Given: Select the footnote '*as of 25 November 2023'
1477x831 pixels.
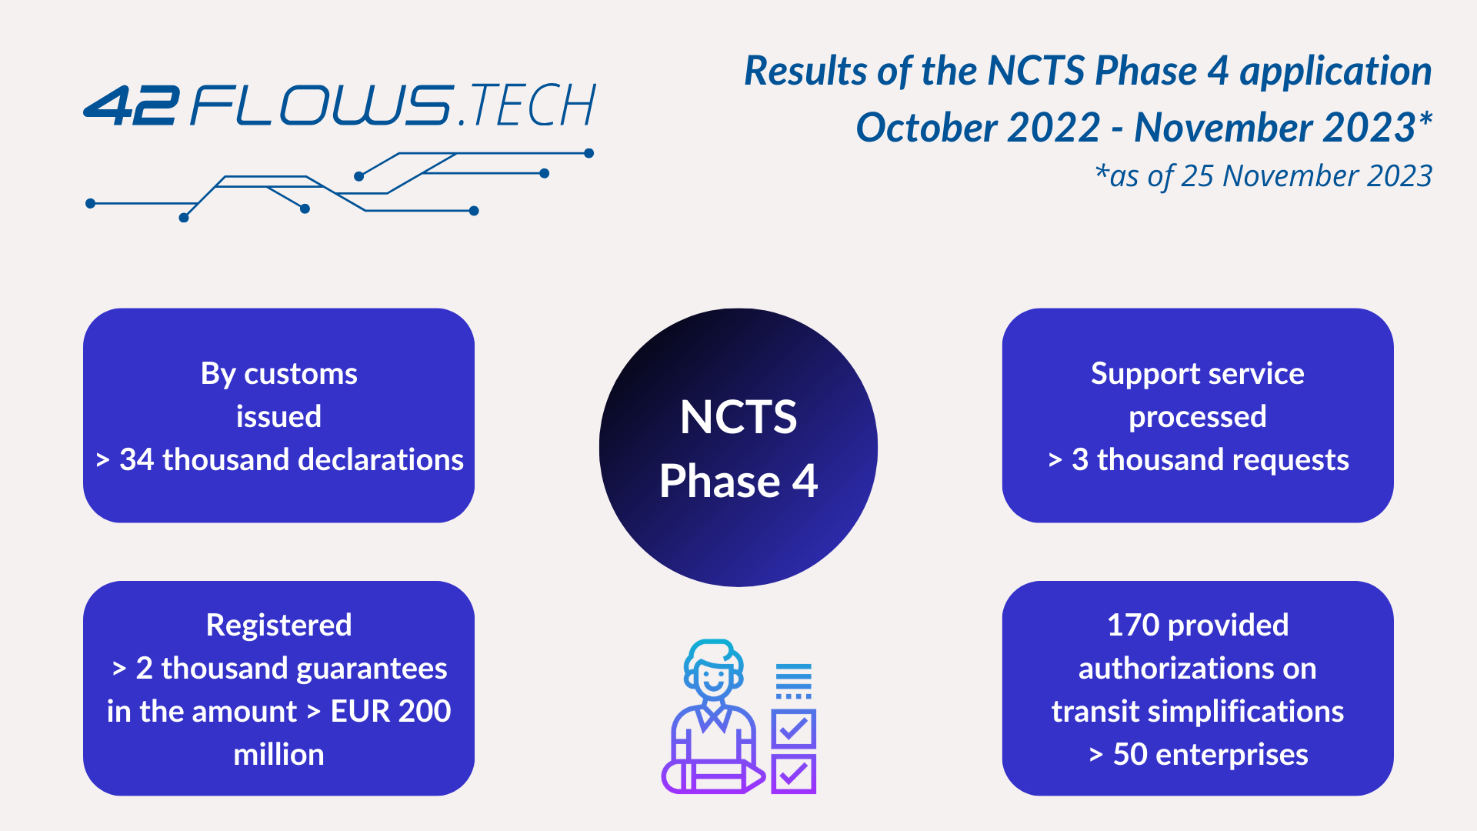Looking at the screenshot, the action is [x=1263, y=176].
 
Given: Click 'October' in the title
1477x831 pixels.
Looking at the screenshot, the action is [x=979, y=127].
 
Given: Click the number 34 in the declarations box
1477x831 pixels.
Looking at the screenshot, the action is [x=137, y=459].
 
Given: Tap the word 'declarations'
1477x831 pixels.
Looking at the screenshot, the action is [x=381, y=459].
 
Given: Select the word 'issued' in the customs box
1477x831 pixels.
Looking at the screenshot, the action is [x=278, y=416].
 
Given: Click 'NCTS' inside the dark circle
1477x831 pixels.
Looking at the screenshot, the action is [x=738, y=417].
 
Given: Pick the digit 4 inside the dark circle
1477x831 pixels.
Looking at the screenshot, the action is [x=805, y=481].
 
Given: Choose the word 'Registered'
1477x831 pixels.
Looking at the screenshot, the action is [x=278, y=626].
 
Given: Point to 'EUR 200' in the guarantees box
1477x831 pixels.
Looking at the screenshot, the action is [x=391, y=711].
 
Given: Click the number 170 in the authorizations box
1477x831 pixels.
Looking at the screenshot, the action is [x=1133, y=625].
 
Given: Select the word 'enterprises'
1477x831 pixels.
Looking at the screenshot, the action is [x=1232, y=754].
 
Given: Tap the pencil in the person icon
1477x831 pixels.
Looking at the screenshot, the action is [x=713, y=776].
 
